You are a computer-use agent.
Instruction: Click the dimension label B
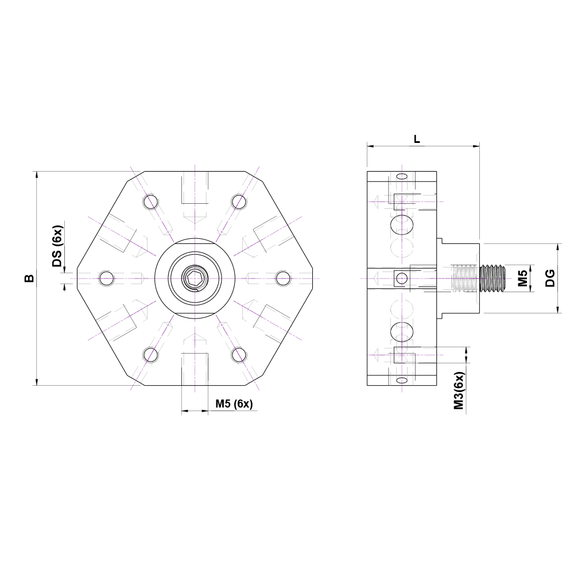(x=29, y=278)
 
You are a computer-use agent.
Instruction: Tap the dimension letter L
(x=417, y=139)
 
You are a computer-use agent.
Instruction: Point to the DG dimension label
(x=549, y=278)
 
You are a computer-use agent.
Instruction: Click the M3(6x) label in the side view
(x=458, y=390)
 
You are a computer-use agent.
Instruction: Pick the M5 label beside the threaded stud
(x=522, y=278)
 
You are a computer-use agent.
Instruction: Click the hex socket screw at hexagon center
(x=195, y=279)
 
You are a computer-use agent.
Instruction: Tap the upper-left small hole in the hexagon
(x=151, y=201)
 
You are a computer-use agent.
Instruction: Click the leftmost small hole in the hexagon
(x=106, y=278)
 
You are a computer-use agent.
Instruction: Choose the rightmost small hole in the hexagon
(x=283, y=278)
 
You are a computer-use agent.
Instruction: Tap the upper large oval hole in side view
(x=401, y=225)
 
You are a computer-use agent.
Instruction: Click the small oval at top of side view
(x=402, y=176)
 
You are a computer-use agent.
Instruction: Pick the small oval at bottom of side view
(x=402, y=381)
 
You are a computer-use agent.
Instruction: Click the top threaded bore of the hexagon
(x=195, y=189)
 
